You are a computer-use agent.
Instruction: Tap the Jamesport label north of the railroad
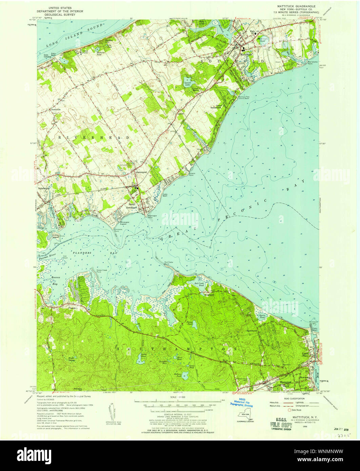(x=140, y=172)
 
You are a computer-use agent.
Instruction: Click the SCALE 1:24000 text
(x=180, y=396)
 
